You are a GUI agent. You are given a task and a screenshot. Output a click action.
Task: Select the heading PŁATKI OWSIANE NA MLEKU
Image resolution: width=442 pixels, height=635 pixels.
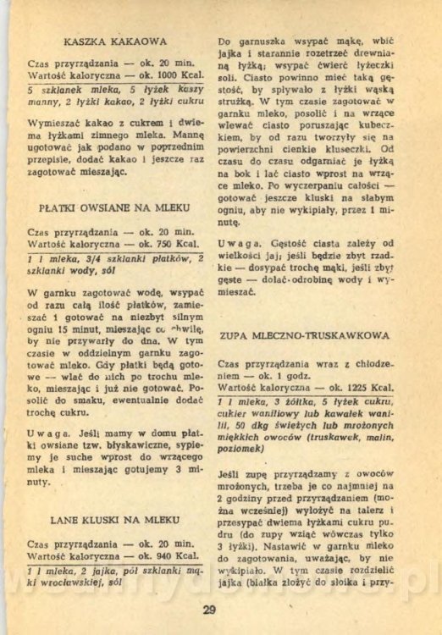click(x=113, y=206)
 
